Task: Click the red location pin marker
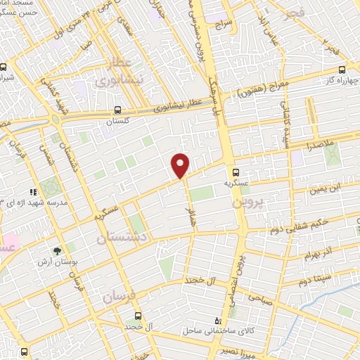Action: pyautogui.click(x=181, y=164)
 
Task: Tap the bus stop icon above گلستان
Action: pyautogui.click(x=117, y=110)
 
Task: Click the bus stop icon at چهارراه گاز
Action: pyautogui.click(x=342, y=69)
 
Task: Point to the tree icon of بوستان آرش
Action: pyautogui.click(x=56, y=249)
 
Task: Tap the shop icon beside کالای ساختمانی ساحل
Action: pyautogui.click(x=226, y=321)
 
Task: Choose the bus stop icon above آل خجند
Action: pyautogui.click(x=137, y=316)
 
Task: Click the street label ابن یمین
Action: pyautogui.click(x=326, y=188)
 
